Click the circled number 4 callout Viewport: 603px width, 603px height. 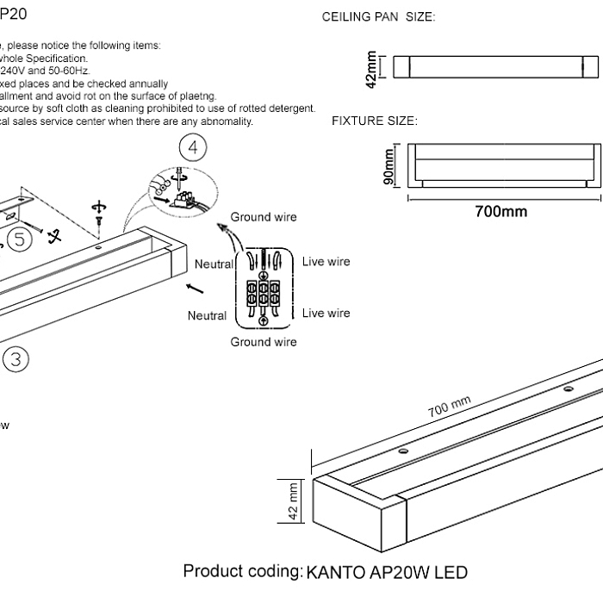click(193, 148)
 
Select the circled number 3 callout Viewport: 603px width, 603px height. click(16, 358)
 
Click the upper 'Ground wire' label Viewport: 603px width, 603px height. click(264, 217)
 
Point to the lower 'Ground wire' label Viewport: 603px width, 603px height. click(264, 342)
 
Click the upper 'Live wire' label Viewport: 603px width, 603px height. click(326, 261)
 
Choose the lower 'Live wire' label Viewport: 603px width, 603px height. click(326, 313)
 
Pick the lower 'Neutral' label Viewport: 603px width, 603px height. click(206, 315)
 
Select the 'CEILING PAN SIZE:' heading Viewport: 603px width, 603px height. click(378, 17)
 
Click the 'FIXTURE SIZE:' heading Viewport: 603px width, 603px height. click(375, 121)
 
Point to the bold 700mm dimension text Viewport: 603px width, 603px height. click(501, 212)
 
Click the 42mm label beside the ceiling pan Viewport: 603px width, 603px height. click(372, 67)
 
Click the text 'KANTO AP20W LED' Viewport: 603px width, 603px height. click(387, 572)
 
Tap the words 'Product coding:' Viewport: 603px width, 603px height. click(242, 572)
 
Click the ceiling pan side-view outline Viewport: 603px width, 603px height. click(495, 66)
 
